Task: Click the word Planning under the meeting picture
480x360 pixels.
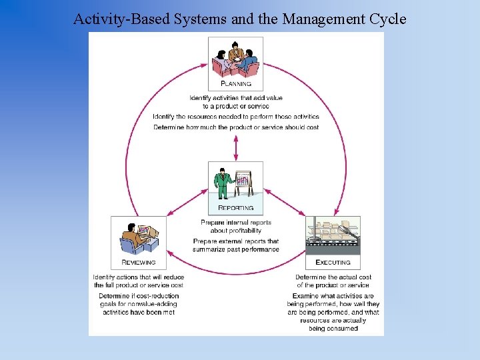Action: tap(236, 84)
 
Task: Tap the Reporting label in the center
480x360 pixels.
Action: tap(236, 208)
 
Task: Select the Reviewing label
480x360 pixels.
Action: tap(139, 262)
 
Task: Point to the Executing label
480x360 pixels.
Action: tap(333, 263)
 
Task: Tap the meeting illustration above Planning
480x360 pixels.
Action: tap(235, 59)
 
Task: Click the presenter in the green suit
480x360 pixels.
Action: tap(223, 182)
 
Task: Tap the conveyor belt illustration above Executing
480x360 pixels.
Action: tap(333, 235)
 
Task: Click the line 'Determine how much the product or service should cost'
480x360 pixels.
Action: tap(236, 127)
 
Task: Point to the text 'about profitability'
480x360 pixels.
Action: tap(236, 231)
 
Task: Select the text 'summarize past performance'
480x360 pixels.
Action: tap(236, 249)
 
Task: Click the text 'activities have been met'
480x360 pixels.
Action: tap(139, 312)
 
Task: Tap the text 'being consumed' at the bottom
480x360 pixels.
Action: tap(333, 329)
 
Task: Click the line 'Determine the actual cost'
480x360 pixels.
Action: tap(333, 277)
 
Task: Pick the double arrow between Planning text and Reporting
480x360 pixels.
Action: tap(236, 146)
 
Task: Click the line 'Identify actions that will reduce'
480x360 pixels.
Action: tap(139, 277)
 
